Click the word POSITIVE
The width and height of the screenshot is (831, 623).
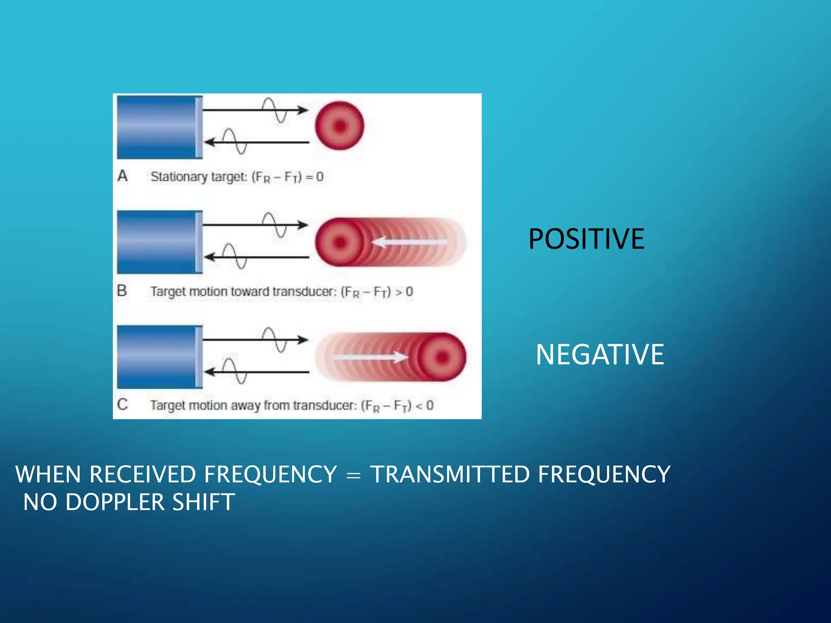(586, 239)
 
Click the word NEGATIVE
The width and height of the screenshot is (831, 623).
(599, 355)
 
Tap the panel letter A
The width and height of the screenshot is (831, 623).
(123, 176)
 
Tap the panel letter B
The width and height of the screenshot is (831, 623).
(122, 291)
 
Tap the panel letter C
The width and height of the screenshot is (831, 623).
(122, 404)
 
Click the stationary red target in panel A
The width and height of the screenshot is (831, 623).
(340, 126)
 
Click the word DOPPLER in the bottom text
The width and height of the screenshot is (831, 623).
(115, 502)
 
